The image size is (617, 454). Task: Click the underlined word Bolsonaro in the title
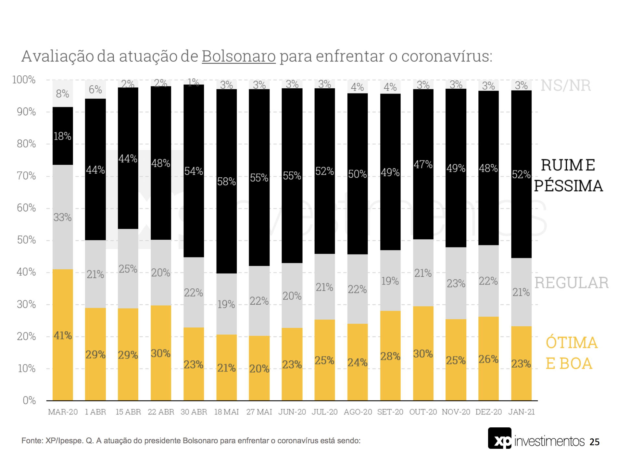(239, 56)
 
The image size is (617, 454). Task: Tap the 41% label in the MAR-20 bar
(63, 335)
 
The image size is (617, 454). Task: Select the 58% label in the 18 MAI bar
(226, 181)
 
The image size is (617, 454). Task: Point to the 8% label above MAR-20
(62, 94)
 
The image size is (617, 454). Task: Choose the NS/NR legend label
(565, 86)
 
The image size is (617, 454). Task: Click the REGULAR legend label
(571, 283)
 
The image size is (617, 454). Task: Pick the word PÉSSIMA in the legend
(568, 186)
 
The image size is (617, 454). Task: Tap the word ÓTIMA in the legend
(572, 343)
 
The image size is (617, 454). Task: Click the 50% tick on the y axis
(26, 240)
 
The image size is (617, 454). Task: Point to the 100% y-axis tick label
(24, 80)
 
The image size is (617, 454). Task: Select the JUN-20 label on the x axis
(292, 412)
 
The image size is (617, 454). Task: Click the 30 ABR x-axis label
(194, 412)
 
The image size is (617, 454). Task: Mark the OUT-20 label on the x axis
(423, 412)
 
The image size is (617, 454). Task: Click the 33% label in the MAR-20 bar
(62, 217)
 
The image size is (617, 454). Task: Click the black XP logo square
(499, 438)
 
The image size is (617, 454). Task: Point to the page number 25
(594, 442)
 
